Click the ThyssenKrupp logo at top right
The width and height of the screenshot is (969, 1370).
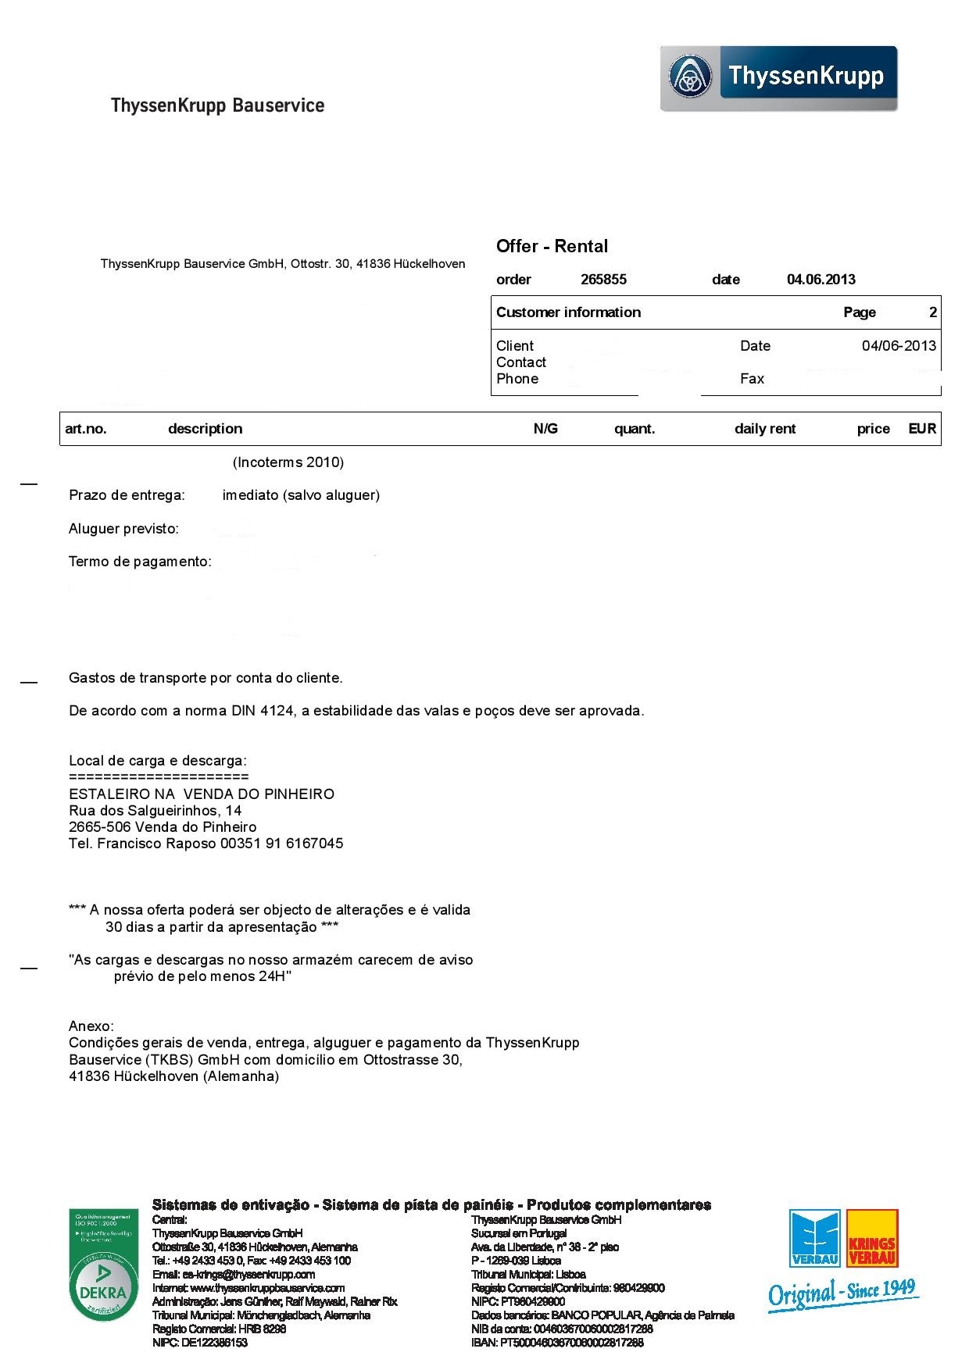(x=778, y=78)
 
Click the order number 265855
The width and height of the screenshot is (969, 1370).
(x=603, y=280)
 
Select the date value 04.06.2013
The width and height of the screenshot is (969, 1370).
(x=821, y=280)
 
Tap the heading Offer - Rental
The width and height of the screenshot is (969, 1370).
(x=552, y=247)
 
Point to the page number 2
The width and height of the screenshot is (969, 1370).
(x=932, y=312)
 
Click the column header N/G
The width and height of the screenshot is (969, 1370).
(x=545, y=429)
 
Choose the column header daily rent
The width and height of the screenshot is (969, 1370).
(x=764, y=429)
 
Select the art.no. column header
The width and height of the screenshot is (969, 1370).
(x=86, y=429)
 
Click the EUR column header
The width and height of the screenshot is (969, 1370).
(x=922, y=429)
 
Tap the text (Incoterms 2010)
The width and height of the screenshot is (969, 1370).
(x=288, y=462)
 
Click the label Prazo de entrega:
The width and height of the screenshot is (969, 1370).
(x=127, y=495)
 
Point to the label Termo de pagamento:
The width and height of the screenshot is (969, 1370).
(x=140, y=562)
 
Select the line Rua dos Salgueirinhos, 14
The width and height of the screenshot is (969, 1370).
(x=156, y=811)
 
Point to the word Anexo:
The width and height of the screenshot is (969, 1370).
(x=91, y=1026)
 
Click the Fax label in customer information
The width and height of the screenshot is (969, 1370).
(x=752, y=379)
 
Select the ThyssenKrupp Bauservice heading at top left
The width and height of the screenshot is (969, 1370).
(x=217, y=105)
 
